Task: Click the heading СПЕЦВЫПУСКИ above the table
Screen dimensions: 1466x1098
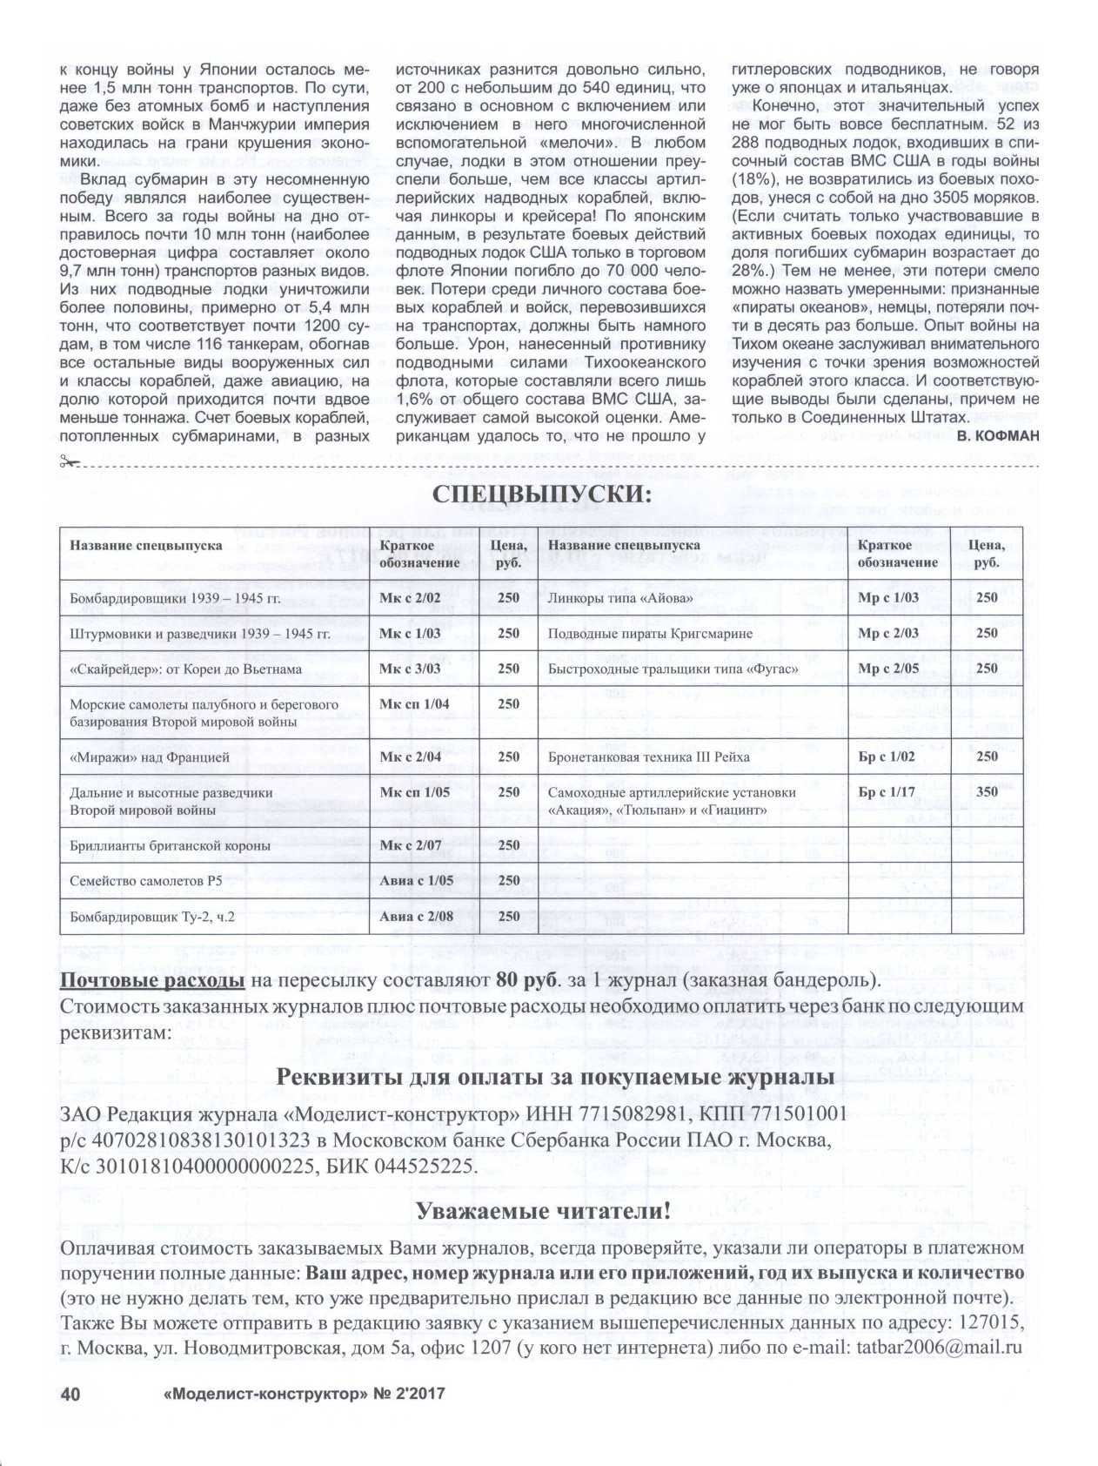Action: [x=541, y=494]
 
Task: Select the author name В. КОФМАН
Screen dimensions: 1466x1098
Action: [x=997, y=436]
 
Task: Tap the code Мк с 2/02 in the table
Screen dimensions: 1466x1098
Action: [x=410, y=598]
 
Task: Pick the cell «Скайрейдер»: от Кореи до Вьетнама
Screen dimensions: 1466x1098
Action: [x=185, y=669]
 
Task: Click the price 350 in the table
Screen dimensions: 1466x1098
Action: [x=987, y=792]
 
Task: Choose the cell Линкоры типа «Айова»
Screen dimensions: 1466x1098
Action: [x=620, y=598]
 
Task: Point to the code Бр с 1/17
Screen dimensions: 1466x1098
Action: [x=887, y=792]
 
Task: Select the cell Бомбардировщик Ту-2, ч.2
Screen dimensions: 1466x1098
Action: [x=152, y=917]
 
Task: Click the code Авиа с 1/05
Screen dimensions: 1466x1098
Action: [x=416, y=881]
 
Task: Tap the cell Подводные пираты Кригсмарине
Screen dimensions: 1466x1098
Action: [x=650, y=634]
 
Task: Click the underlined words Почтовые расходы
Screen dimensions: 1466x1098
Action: [x=151, y=981]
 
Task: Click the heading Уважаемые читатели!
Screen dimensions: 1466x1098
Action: [x=543, y=1211]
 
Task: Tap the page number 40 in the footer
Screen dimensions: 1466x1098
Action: [x=70, y=1394]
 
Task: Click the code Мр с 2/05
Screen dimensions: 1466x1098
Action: [x=887, y=669]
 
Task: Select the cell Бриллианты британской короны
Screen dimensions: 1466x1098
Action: [x=170, y=846]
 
